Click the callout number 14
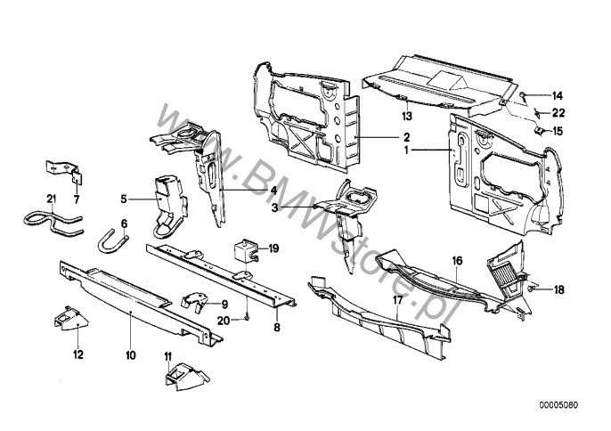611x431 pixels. click(x=558, y=95)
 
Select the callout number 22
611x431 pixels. click(x=558, y=112)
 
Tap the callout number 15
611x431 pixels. click(x=558, y=131)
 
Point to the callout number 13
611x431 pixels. click(x=404, y=117)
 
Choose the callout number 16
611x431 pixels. click(x=457, y=261)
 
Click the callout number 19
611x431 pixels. click(x=273, y=248)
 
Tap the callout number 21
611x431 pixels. click(x=52, y=197)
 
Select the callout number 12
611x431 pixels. click(x=78, y=355)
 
